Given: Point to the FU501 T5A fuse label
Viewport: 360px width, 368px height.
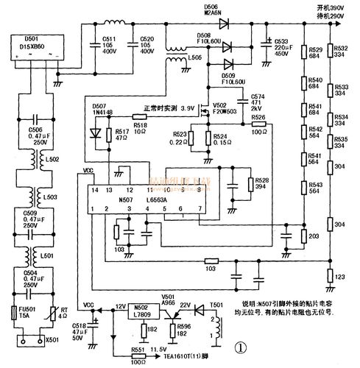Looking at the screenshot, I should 29,311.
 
